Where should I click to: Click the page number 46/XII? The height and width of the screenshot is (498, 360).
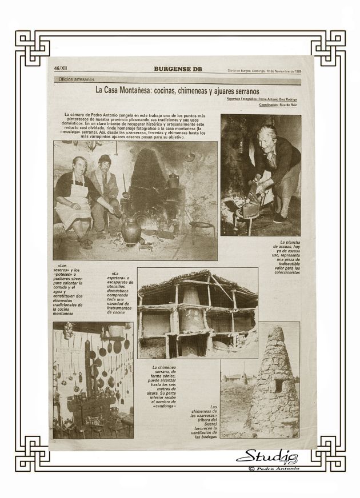62,71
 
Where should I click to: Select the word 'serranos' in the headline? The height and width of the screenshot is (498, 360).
243,91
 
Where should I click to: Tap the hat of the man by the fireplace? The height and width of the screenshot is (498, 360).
105,158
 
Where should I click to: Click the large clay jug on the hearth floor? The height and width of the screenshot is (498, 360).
132,229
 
